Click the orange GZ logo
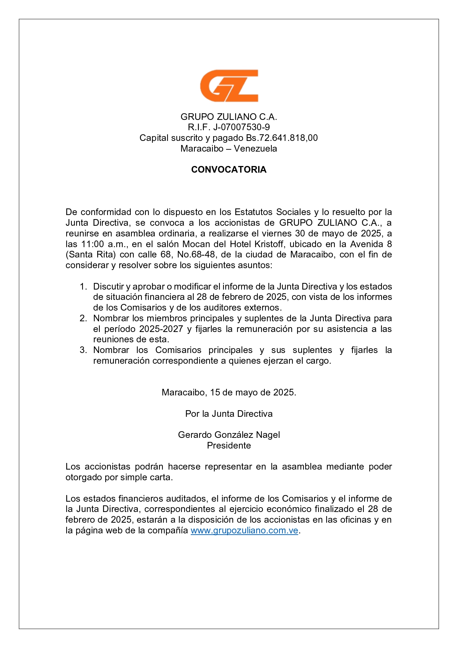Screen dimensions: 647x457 point(229,86)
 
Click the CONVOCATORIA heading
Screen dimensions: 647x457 point(229,170)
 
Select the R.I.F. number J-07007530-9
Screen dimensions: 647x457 point(241,127)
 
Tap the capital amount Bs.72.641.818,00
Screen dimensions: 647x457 point(282,138)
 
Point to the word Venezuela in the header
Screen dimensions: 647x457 point(255,149)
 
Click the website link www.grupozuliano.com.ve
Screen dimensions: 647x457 point(244,531)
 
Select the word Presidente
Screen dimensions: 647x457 point(229,446)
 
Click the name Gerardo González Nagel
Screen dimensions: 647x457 point(229,435)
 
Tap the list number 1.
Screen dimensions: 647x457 point(83,287)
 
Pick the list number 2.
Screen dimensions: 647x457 point(83,318)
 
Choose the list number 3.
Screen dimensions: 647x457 point(83,350)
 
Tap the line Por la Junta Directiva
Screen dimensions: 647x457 point(229,414)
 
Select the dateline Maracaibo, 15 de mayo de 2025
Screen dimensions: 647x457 point(229,392)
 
